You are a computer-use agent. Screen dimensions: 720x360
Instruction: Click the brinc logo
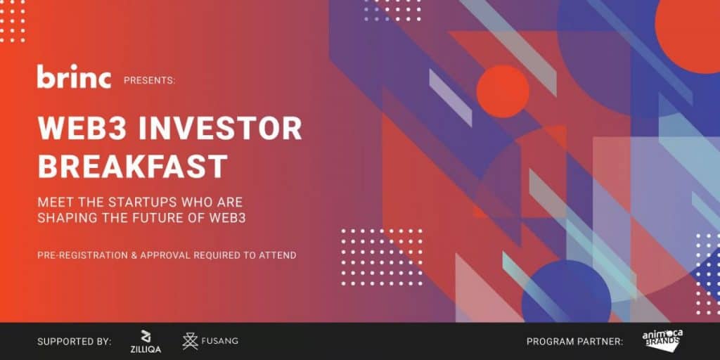(x=74, y=76)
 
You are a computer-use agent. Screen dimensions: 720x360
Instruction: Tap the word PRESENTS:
(x=149, y=81)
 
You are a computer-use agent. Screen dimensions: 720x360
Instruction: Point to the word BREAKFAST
(x=133, y=166)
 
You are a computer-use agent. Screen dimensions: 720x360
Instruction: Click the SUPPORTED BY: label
(x=75, y=342)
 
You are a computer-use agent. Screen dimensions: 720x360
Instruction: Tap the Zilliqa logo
(x=145, y=342)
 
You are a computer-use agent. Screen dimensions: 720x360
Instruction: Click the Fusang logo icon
(x=190, y=341)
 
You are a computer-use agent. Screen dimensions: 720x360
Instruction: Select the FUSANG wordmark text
(x=220, y=341)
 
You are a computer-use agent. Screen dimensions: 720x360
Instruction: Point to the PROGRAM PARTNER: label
(x=575, y=342)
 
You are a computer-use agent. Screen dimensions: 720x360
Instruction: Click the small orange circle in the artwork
(x=503, y=91)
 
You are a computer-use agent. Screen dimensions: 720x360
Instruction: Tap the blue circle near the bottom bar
(x=566, y=291)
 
